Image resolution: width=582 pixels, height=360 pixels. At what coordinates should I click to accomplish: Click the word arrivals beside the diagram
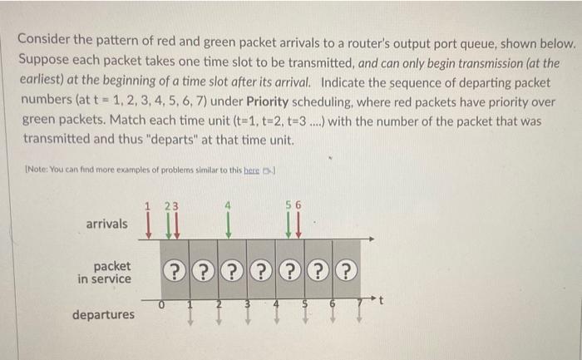click(107, 224)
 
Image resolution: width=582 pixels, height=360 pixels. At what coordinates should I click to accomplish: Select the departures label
click(103, 315)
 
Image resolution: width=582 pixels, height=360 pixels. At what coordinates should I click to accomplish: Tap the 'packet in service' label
click(105, 272)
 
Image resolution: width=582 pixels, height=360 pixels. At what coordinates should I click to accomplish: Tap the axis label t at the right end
click(382, 305)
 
